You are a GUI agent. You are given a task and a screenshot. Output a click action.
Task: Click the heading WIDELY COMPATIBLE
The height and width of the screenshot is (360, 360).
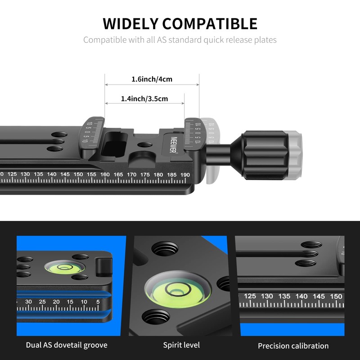point(180,23)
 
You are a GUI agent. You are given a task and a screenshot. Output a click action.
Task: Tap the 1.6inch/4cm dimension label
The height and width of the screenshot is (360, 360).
point(152,79)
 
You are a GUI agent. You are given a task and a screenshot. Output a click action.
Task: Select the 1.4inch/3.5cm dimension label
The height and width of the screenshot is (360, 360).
point(144,99)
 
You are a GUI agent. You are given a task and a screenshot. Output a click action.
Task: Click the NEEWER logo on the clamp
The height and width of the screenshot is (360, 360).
point(174,144)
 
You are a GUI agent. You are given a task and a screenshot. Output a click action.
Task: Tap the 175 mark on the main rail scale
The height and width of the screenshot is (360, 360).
point(145,174)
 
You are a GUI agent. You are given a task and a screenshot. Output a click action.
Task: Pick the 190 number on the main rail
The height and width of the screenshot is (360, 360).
point(184,174)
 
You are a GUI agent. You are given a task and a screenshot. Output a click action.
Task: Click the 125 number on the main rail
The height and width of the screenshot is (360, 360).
point(12,174)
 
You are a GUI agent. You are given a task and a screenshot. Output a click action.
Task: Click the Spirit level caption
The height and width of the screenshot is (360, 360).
point(181,345)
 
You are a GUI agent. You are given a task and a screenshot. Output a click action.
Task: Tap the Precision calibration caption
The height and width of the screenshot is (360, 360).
point(293,346)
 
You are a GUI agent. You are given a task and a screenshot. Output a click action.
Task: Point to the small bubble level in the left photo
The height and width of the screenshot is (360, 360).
point(63,266)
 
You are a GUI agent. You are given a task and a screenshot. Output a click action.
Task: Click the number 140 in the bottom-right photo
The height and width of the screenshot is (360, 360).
point(301,296)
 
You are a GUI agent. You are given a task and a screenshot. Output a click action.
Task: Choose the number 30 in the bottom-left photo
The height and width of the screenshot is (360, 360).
point(29,301)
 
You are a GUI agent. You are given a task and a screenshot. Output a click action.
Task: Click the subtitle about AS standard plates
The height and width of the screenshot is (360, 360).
point(180,40)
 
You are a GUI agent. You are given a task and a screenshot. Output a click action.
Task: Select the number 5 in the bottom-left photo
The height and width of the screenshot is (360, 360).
point(98,301)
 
